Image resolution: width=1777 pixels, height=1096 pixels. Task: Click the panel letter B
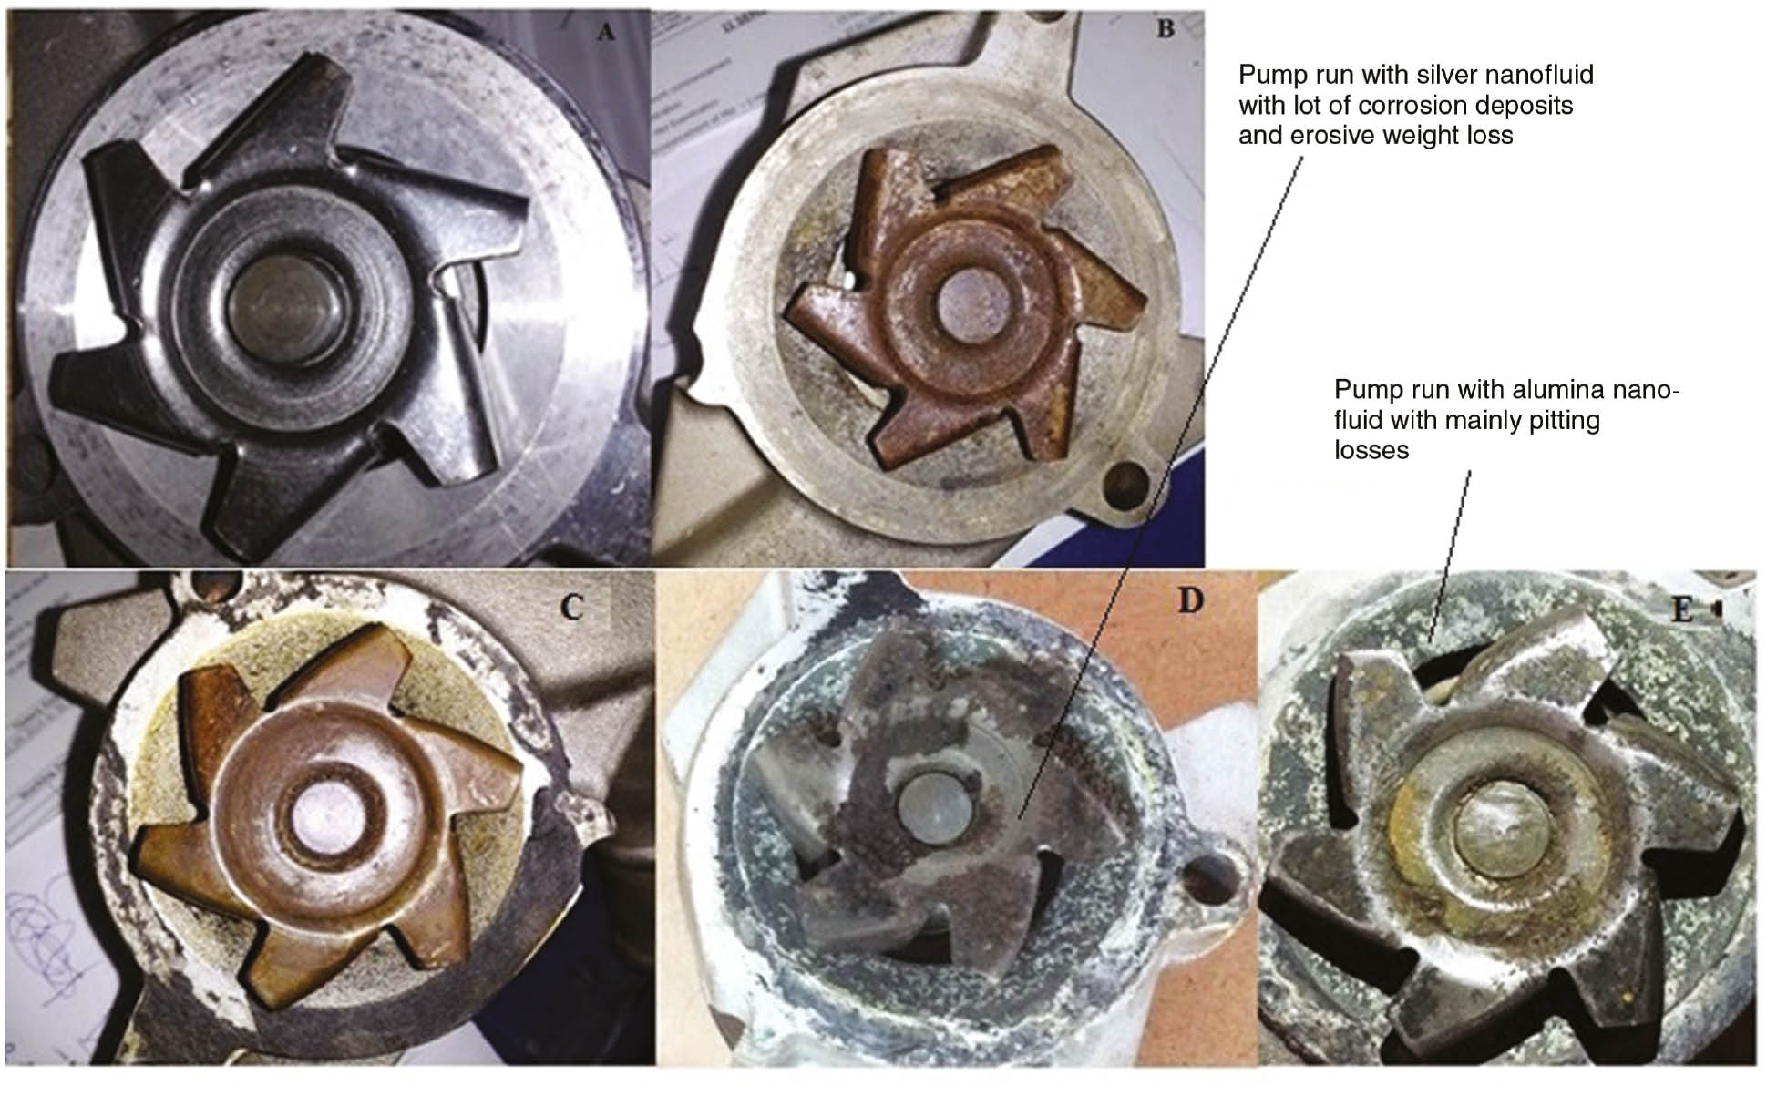click(1165, 29)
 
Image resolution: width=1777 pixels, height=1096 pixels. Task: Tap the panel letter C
click(571, 606)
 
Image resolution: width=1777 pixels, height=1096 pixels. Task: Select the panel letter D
click(1190, 601)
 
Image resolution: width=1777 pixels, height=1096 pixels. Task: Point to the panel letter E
click(1681, 609)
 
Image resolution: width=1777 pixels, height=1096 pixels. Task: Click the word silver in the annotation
click(1422, 75)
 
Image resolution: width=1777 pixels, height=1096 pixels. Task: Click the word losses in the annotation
click(1371, 451)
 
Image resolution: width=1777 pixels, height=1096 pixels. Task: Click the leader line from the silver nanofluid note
click(1157, 483)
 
